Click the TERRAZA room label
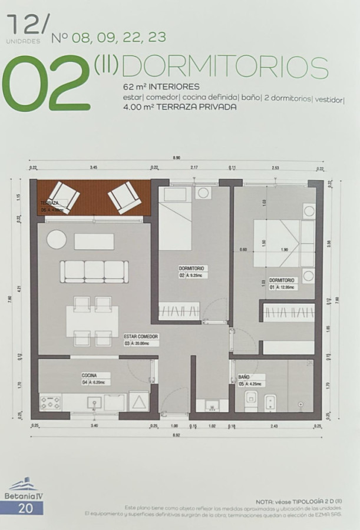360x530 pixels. point(49,203)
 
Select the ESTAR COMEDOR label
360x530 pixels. point(141,336)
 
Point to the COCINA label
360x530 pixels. point(90,375)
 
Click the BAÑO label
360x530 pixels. point(244,376)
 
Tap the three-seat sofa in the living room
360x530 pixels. point(94,271)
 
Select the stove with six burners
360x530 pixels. point(51,403)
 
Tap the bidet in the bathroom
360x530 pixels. point(272,402)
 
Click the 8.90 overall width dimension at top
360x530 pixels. point(176,157)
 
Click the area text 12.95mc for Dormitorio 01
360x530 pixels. point(288,287)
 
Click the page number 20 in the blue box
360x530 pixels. point(25,508)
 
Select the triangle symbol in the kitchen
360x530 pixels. point(140,403)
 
